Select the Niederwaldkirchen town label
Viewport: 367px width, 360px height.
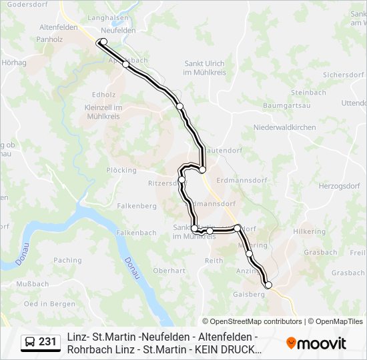pyautogui.click(x=284, y=127)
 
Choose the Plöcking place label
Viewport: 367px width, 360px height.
pyautogui.click(x=121, y=170)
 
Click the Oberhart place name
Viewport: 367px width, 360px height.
pyautogui.click(x=169, y=271)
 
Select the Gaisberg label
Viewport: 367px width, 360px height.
pyautogui.click(x=248, y=294)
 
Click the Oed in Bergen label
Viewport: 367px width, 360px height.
pyautogui.click(x=49, y=304)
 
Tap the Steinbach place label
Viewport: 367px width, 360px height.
pyautogui.click(x=308, y=93)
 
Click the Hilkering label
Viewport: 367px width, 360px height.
pyautogui.click(x=308, y=230)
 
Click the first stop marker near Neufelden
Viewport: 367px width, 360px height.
pyautogui.click(x=103, y=42)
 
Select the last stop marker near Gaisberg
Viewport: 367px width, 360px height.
pyautogui.click(x=269, y=285)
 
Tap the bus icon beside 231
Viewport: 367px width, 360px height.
pyautogui.click(x=30, y=343)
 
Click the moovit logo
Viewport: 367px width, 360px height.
pyautogui.click(x=316, y=343)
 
